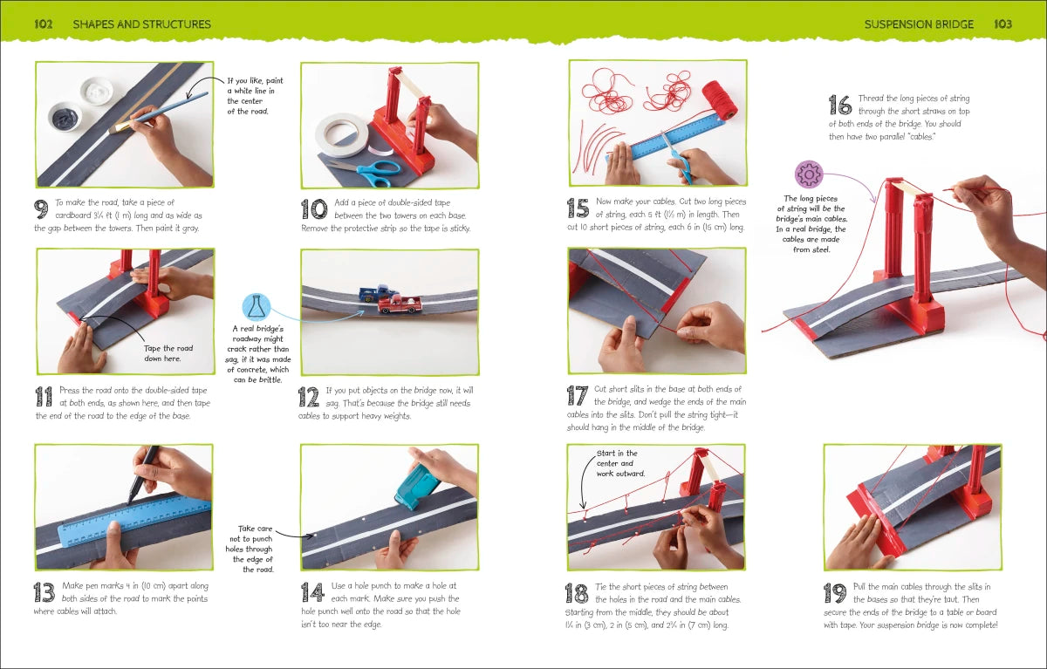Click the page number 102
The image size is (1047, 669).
(x=44, y=24)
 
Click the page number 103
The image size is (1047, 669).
(x=1003, y=24)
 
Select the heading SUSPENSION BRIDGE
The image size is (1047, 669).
(x=918, y=24)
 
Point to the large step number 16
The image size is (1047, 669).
(x=839, y=106)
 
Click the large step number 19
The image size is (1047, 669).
(x=835, y=594)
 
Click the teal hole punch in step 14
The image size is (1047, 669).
(x=417, y=482)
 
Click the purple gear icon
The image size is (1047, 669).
(x=809, y=174)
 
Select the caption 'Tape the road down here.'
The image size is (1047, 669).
(x=168, y=353)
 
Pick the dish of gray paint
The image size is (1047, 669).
(x=64, y=116)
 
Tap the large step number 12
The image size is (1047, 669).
(x=309, y=397)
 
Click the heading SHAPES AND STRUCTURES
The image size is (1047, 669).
(x=141, y=24)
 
